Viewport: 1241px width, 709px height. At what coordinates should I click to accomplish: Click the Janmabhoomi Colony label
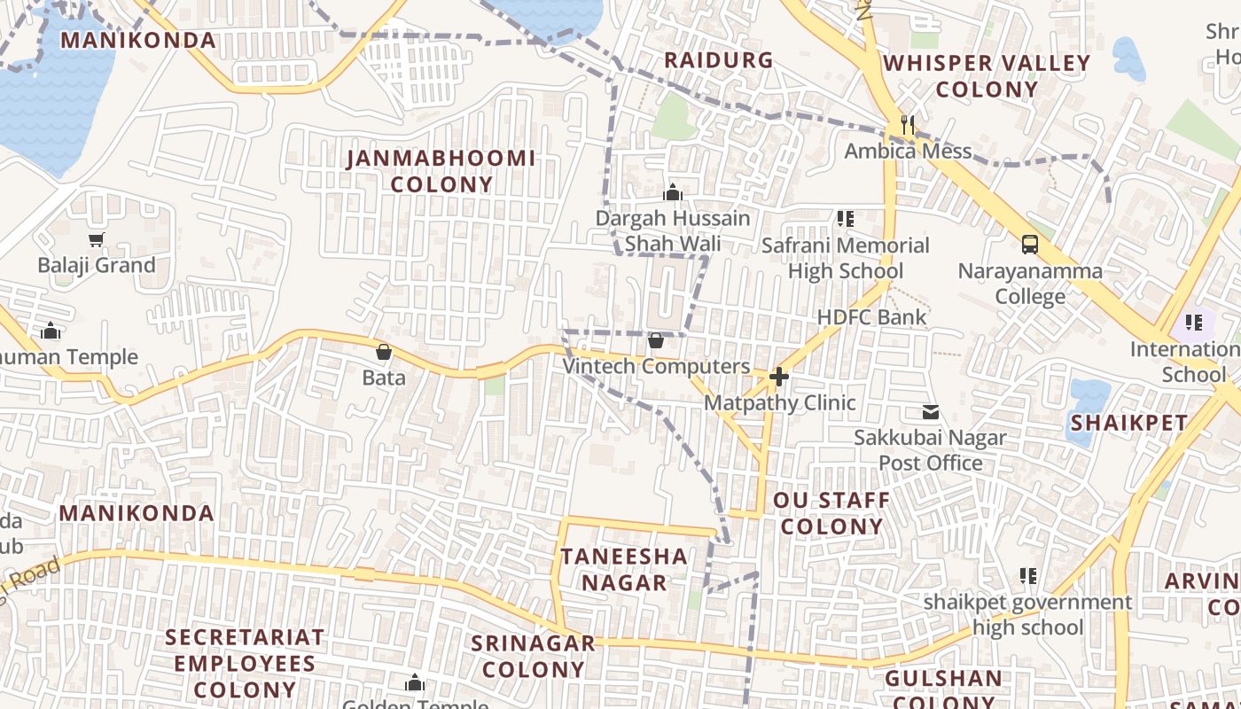tap(441, 171)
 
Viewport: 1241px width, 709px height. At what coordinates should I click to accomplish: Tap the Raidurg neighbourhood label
tap(719, 60)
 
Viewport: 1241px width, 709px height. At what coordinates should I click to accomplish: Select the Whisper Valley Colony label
tap(987, 75)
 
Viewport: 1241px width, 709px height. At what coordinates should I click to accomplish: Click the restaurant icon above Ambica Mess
tap(907, 125)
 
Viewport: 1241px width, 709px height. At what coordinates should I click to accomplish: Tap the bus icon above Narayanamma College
tap(1029, 244)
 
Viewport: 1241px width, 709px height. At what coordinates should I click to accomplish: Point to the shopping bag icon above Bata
tap(384, 352)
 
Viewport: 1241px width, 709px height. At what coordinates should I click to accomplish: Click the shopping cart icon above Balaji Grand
tap(97, 239)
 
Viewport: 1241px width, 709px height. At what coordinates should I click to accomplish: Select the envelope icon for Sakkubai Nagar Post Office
tap(931, 411)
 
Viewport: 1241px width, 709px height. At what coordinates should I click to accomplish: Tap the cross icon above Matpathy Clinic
tap(779, 378)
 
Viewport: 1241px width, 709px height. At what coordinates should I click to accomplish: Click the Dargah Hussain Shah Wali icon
tap(673, 192)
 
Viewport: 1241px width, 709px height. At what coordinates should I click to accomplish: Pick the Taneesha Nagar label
tap(624, 569)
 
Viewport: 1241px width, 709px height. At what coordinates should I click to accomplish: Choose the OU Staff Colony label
tap(831, 513)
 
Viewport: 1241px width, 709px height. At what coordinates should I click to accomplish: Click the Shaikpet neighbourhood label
tap(1128, 423)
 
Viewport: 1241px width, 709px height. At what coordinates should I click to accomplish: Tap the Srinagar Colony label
tap(533, 656)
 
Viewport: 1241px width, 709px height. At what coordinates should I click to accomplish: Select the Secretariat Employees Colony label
tap(245, 663)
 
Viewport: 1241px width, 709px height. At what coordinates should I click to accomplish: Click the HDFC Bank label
tap(870, 317)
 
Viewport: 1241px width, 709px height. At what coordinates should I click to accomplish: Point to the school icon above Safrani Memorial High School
tap(845, 218)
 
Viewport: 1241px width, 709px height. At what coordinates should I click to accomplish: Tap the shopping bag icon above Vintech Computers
tap(656, 340)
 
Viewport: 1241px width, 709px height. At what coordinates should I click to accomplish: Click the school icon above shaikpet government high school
tap(1028, 576)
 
